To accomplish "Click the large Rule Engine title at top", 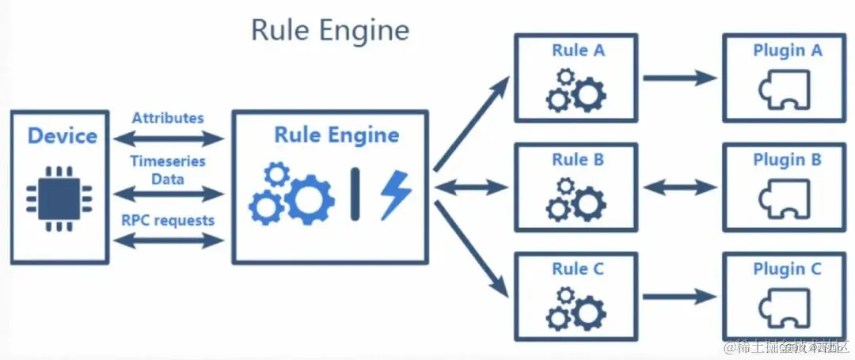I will tap(330, 30).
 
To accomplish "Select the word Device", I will tap(62, 135).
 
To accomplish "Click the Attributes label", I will tap(168, 118).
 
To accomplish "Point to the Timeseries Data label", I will tap(168, 169).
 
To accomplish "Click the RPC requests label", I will tap(168, 220).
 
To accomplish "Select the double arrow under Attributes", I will tap(169, 139).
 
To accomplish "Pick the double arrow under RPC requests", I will tap(169, 241).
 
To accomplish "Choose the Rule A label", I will tap(578, 51).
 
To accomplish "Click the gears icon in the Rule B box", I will tap(576, 199).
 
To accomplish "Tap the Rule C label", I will tap(578, 268).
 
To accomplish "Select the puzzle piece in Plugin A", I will tap(784, 90).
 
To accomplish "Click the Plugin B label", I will tap(787, 160).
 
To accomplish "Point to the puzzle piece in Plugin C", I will tap(784, 309).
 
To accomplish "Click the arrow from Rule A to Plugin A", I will tap(680, 78).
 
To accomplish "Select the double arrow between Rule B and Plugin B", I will tap(680, 188).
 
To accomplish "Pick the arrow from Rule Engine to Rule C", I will tap(471, 246).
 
